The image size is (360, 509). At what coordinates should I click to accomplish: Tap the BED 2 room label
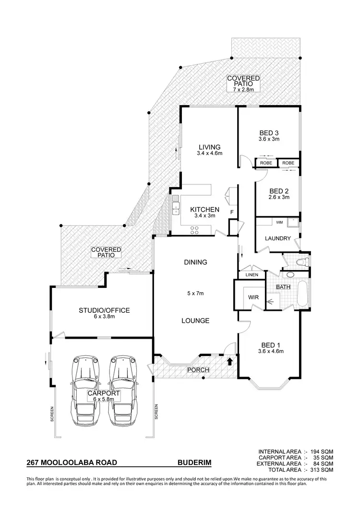pyautogui.click(x=279, y=190)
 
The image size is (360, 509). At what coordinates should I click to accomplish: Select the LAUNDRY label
pyautogui.click(x=278, y=238)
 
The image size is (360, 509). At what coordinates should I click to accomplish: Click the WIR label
pyautogui.click(x=253, y=297)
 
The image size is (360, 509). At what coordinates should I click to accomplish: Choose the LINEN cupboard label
pyautogui.click(x=252, y=275)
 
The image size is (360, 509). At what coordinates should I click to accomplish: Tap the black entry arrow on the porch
pyautogui.click(x=230, y=360)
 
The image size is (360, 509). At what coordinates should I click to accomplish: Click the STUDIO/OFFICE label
pyautogui.click(x=104, y=310)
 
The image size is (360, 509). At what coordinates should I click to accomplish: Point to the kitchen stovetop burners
pyautogui.click(x=195, y=230)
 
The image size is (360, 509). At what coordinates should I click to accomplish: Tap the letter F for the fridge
pyautogui.click(x=232, y=212)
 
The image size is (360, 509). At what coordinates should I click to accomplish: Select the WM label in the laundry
pyautogui.click(x=266, y=222)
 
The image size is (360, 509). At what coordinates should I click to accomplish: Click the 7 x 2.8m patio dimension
pyautogui.click(x=243, y=89)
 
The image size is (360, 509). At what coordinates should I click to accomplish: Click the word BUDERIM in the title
pyautogui.click(x=194, y=463)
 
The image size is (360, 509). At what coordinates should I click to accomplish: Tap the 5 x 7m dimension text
pyautogui.click(x=195, y=293)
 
